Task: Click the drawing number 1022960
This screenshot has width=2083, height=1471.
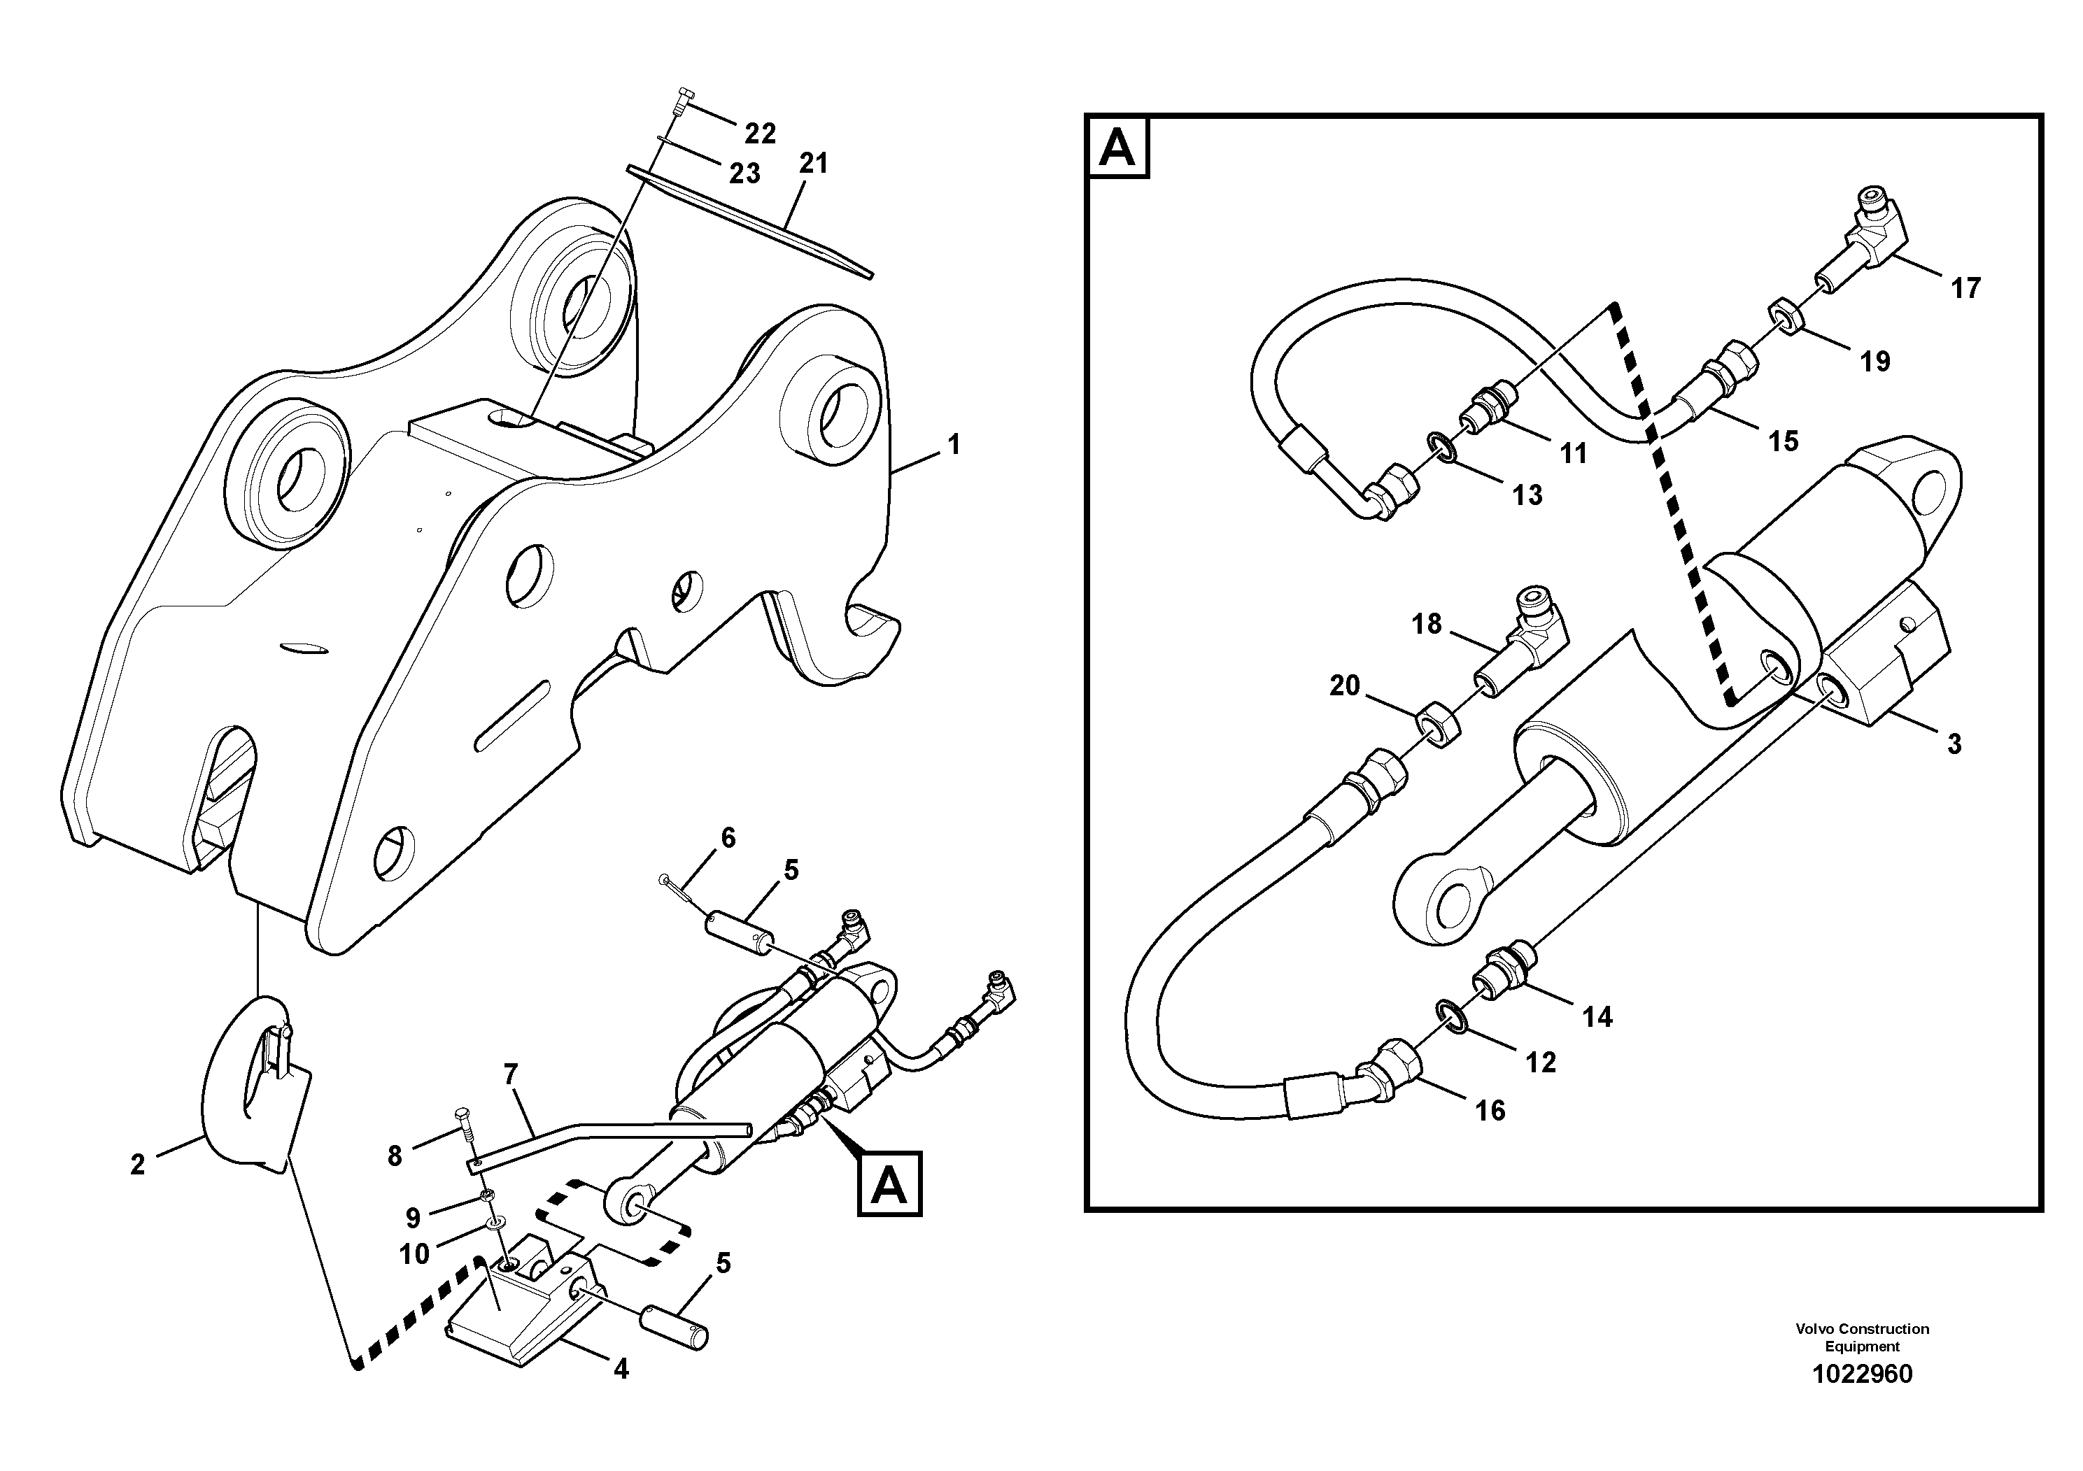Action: [x=1862, y=1374]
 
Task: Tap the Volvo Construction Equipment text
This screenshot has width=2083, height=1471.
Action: [x=1862, y=1337]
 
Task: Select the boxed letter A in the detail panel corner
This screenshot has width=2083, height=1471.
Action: [x=1117, y=147]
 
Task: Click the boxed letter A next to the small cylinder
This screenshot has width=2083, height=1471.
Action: [x=889, y=1184]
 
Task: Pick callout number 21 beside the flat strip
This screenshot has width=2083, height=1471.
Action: [x=813, y=163]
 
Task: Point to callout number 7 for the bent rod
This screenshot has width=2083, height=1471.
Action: [x=510, y=1074]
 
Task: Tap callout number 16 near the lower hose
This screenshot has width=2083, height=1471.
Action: [x=1490, y=1110]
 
